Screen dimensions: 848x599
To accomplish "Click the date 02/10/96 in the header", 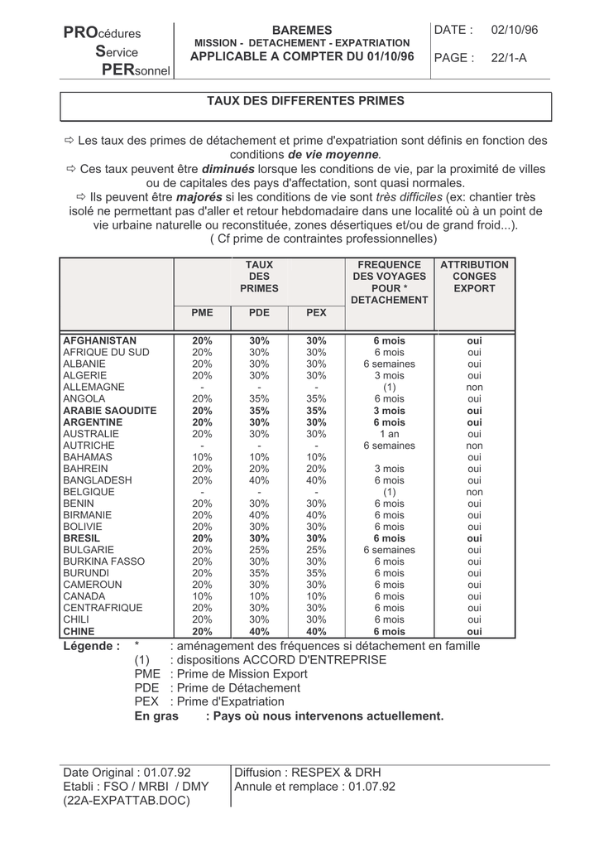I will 514,30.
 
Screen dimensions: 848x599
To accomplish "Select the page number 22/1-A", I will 508,58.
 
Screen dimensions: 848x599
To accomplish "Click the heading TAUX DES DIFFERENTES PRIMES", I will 305,100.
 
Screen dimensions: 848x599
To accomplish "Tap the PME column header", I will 202,313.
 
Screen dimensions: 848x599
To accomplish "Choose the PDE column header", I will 259,313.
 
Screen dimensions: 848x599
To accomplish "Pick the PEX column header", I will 316,313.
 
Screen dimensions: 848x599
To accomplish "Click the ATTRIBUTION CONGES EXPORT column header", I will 474,277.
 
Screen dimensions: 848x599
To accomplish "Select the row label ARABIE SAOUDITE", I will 109,411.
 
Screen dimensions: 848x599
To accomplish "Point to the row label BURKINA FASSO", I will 103,561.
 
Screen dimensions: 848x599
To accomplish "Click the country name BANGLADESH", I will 97,480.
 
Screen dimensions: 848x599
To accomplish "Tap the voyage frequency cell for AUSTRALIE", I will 389,434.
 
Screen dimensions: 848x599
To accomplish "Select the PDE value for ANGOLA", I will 259,399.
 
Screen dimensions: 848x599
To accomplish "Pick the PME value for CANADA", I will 202,596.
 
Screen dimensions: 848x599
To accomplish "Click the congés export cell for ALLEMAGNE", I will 474,388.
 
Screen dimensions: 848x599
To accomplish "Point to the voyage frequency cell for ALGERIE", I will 389,376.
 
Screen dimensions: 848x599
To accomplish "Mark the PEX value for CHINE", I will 316,631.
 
